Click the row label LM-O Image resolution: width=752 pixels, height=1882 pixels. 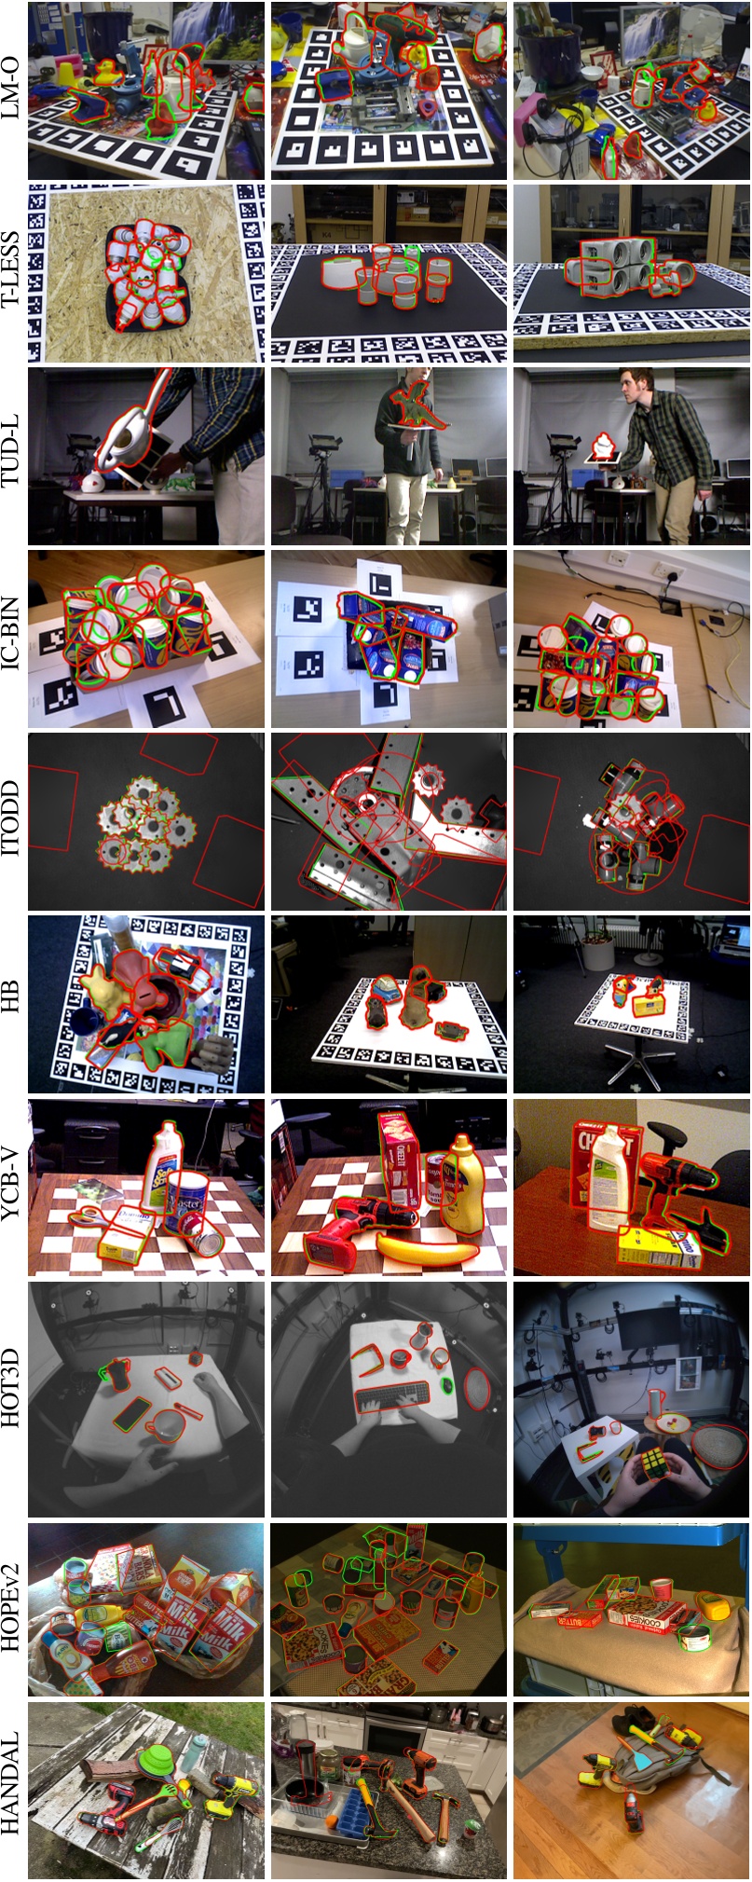(13, 90)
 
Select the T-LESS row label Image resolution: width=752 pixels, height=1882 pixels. (13, 273)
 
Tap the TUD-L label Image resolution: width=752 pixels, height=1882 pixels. (13, 456)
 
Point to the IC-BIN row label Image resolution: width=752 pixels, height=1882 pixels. (13, 639)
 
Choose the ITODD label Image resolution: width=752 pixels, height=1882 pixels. (13, 821)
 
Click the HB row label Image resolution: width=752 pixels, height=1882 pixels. (13, 1004)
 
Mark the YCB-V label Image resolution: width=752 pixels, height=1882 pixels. (13, 1187)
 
